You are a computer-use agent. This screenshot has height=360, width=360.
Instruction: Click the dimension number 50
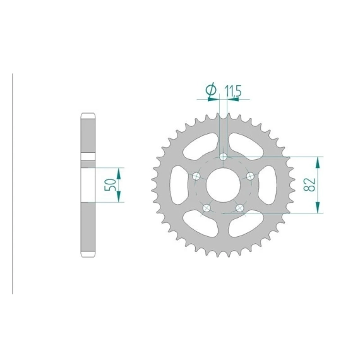click(110, 184)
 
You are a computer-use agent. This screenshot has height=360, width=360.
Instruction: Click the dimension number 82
click(309, 185)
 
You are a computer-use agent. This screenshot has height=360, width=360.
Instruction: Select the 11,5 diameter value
click(233, 91)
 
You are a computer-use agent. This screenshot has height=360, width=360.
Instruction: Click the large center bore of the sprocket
click(223, 185)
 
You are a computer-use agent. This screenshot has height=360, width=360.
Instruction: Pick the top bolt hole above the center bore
click(223, 157)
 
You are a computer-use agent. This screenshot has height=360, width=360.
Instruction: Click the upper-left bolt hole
click(196, 177)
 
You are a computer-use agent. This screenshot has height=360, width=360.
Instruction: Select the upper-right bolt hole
click(250, 177)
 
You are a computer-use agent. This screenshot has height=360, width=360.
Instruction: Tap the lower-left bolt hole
click(207, 208)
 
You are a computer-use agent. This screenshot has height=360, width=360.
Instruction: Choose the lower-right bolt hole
click(240, 208)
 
